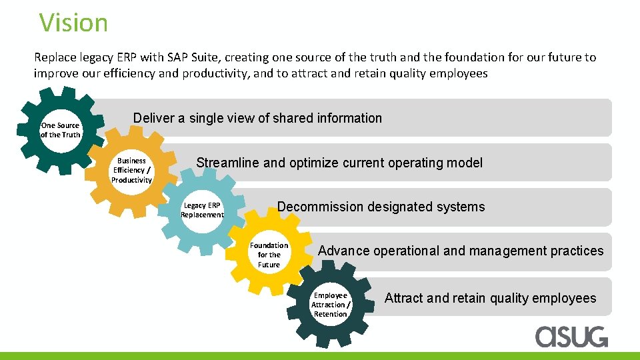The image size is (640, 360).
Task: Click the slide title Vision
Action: [x=73, y=23]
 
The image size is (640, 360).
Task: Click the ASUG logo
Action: [x=571, y=336]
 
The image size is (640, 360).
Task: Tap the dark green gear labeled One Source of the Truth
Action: [x=60, y=130]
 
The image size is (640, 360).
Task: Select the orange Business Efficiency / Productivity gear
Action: [x=131, y=171]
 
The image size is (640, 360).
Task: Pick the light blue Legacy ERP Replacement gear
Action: [x=202, y=211]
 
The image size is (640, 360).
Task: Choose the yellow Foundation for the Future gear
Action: [x=269, y=255]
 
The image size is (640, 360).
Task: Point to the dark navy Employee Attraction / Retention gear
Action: [x=331, y=305]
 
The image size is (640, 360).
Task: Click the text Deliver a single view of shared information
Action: [x=257, y=118]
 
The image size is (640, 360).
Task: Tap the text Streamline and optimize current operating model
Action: [x=339, y=163]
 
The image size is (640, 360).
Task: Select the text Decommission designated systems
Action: [x=381, y=207]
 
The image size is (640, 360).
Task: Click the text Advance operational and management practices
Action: [x=461, y=251]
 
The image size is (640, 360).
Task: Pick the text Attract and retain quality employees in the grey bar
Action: [x=490, y=298]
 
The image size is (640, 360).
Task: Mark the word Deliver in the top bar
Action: [x=151, y=118]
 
